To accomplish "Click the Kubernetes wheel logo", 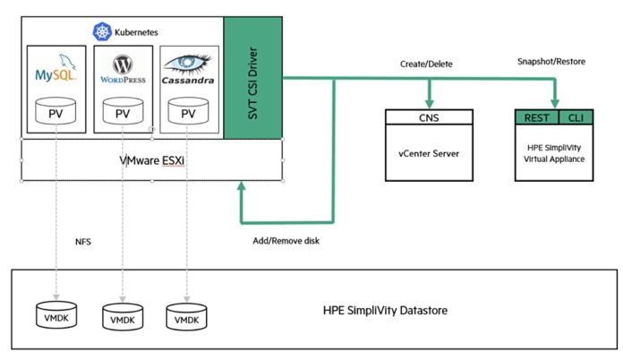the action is coord(102,31).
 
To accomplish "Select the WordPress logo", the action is coord(123,69).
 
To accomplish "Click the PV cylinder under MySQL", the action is coord(55,111).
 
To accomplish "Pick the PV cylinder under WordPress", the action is coord(123,111).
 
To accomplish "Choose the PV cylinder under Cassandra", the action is coord(188,111).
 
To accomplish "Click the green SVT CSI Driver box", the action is coord(253,78).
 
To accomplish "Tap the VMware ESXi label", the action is coord(152,160).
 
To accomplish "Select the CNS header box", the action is coord(429,117).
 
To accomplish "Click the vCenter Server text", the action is coord(429,153).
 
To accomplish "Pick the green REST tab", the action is coord(537,117).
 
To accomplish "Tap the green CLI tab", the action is coord(576,117).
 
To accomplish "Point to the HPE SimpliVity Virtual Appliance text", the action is coord(554,153).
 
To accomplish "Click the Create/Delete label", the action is coord(426,64).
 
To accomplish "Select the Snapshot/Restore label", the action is coord(551,62).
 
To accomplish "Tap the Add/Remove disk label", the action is coord(286,241).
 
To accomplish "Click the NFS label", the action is coord(83,242).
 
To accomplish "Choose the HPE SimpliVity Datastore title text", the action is coord(385,311).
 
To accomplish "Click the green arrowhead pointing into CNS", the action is coord(429,104).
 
